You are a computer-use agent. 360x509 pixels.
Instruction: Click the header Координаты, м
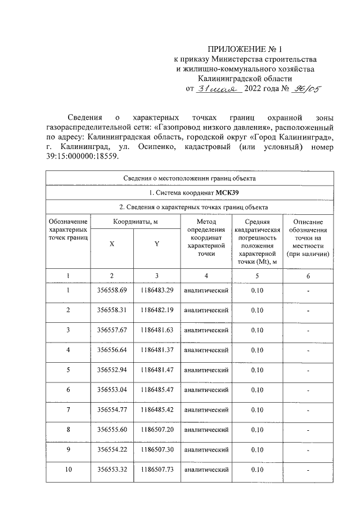point(134,222)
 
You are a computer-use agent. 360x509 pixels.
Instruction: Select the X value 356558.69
point(112,290)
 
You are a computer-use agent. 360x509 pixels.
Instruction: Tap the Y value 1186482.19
point(157,310)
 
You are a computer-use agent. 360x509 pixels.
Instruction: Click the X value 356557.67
point(112,330)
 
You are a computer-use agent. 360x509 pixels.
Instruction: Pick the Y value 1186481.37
point(157,350)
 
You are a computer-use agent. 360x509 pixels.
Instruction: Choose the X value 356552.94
point(112,370)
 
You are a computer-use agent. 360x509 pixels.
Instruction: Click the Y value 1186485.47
point(157,390)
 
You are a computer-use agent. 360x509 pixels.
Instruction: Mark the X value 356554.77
point(112,409)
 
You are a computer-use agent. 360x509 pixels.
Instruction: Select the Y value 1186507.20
point(157,430)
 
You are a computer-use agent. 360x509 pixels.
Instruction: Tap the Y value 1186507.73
point(157,470)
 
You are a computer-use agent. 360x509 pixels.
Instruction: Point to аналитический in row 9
point(206,450)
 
